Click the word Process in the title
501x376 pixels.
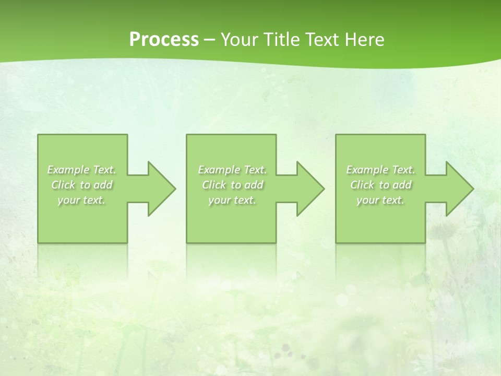(x=164, y=40)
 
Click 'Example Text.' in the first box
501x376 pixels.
(x=82, y=170)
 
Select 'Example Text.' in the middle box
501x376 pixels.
(x=232, y=170)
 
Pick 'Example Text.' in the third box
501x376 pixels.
(x=380, y=170)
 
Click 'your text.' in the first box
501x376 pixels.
(x=81, y=200)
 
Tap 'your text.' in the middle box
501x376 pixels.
(x=232, y=200)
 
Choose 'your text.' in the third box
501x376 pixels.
(x=380, y=200)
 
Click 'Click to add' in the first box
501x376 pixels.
(x=82, y=185)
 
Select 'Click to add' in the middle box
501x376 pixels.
(x=232, y=185)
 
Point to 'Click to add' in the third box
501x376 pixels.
(x=380, y=185)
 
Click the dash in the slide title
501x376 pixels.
(x=210, y=40)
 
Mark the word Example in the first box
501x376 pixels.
(x=68, y=170)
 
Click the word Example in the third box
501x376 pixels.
(x=367, y=170)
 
